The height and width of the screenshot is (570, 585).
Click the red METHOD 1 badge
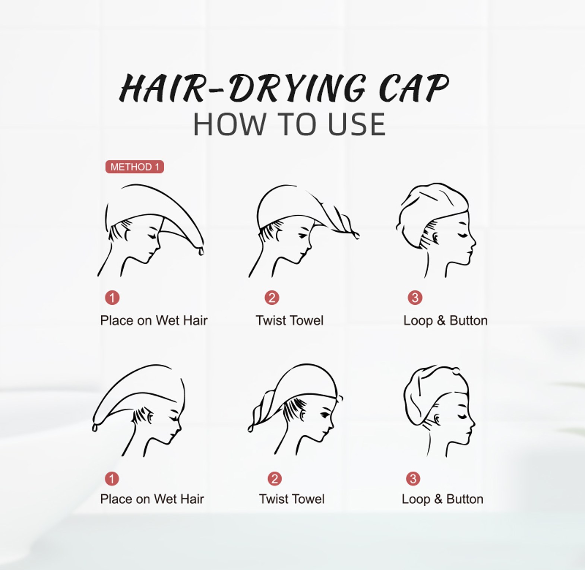(135, 167)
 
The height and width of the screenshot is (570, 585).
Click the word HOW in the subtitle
(228, 124)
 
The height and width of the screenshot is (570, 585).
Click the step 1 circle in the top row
(112, 298)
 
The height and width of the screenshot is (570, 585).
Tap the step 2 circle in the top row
(272, 298)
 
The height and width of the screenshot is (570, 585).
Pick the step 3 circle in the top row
(415, 298)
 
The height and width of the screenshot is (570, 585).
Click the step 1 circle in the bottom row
(112, 478)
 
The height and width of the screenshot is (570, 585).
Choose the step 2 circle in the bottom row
(275, 478)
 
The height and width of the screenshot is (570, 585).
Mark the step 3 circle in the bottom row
(413, 478)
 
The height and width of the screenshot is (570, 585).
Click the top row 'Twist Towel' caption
(290, 320)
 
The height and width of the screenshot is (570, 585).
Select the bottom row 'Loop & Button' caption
(442, 499)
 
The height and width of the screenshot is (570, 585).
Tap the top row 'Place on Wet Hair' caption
(154, 320)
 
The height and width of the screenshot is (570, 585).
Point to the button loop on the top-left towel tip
(201, 252)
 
